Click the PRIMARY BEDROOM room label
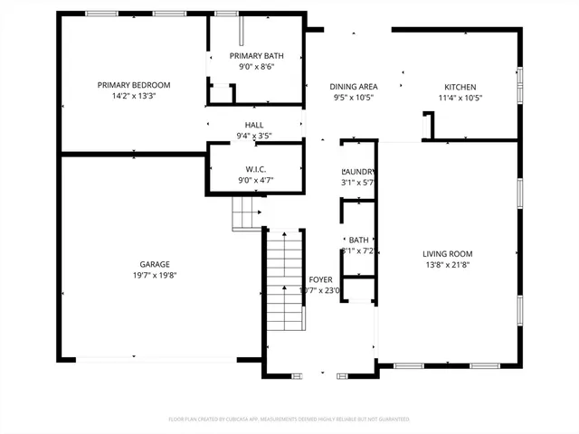[x=134, y=85]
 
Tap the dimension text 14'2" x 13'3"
[x=134, y=96]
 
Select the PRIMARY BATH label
[x=256, y=56]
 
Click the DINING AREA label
[x=353, y=86]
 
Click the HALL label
[x=254, y=125]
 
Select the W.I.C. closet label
[x=256, y=169]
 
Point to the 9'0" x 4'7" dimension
[x=256, y=180]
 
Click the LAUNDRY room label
[x=358, y=172]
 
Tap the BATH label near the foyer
[x=358, y=240]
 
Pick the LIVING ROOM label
[x=448, y=254]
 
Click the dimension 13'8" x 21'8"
[x=448, y=265]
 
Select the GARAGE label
[x=153, y=263]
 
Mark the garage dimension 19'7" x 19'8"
[x=153, y=274]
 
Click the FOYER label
[x=320, y=279]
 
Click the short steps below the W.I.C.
[x=246, y=214]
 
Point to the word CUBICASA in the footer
[x=249, y=420]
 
